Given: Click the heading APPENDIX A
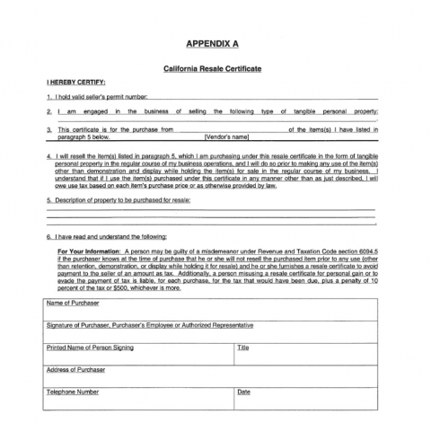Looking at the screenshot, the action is [x=215, y=43].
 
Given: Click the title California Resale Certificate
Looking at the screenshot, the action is [x=215, y=68].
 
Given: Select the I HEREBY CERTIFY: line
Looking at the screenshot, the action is [x=75, y=82].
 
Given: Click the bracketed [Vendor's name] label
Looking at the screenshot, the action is [x=226, y=137].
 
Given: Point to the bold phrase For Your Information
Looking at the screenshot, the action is [x=89, y=252].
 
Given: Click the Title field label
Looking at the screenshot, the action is [x=242, y=347].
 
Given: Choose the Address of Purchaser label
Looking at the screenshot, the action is [x=75, y=369].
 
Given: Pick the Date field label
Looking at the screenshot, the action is [x=243, y=392].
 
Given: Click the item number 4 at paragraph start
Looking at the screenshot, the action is [x=48, y=154].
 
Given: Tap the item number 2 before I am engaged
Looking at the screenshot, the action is [x=48, y=111].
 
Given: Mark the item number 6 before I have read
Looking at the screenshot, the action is [x=48, y=237].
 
